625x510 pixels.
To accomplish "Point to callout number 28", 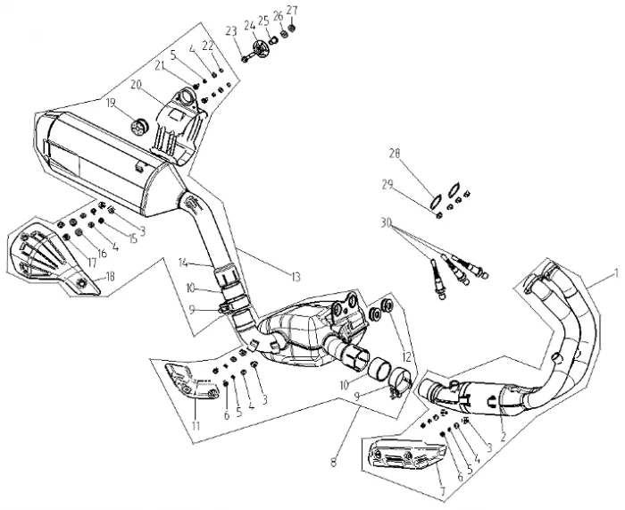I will coord(393,155).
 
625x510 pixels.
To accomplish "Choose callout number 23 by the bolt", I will coord(231,31).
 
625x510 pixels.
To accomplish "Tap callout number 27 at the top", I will coord(292,11).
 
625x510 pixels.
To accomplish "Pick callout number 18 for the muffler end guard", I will coord(111,277).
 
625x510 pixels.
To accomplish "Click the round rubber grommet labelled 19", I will coord(138,122).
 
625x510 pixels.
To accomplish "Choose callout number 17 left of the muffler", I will coord(66,262).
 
